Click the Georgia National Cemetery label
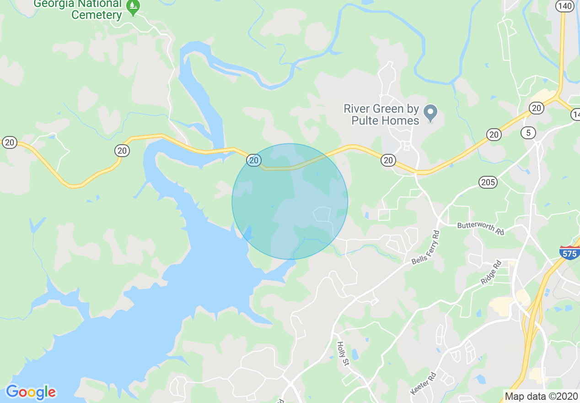point(78,9)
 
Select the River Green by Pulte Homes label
point(381,114)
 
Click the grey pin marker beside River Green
point(430,113)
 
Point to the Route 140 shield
point(564,5)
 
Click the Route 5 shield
point(528,133)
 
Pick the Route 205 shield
point(488,182)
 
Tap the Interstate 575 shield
point(569,252)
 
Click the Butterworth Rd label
point(480,229)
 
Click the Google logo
point(31,392)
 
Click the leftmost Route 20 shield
point(9,142)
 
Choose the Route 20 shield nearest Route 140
point(536,108)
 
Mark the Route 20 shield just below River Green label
point(388,160)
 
